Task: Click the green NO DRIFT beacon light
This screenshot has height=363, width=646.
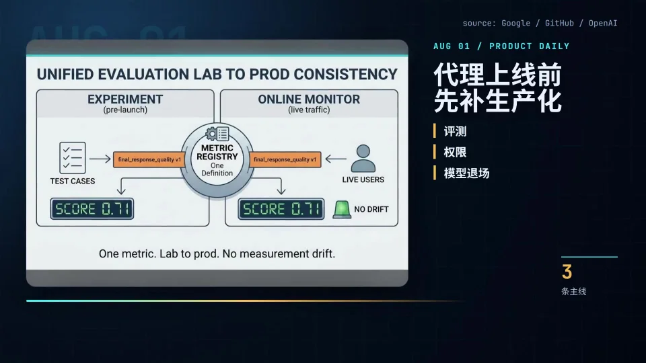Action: pyautogui.click(x=342, y=209)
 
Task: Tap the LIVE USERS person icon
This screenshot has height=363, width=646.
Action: pyautogui.click(x=363, y=158)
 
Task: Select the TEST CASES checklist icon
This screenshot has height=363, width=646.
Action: pyautogui.click(x=73, y=157)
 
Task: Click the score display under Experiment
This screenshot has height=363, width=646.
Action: pyautogui.click(x=92, y=208)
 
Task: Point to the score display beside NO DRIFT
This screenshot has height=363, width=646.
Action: pyautogui.click(x=281, y=208)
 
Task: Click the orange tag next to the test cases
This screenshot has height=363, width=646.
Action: pyautogui.click(x=149, y=159)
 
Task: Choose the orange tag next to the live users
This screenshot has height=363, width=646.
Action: pyautogui.click(x=285, y=159)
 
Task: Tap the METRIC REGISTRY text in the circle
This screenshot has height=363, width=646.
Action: pyautogui.click(x=217, y=153)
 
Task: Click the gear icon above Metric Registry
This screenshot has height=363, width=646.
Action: pyautogui.click(x=211, y=133)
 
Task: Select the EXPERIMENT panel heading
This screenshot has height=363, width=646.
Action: pyautogui.click(x=125, y=99)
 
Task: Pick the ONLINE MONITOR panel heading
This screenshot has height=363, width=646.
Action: pyautogui.click(x=309, y=99)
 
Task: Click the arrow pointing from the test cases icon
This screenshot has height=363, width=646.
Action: pyautogui.click(x=100, y=159)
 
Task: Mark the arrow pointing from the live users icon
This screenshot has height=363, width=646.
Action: pyautogui.click(x=336, y=159)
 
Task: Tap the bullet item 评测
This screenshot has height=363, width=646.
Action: pyautogui.click(x=456, y=131)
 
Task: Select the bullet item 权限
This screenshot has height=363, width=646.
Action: pyautogui.click(x=456, y=153)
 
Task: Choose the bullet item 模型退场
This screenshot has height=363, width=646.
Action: pyautogui.click(x=467, y=173)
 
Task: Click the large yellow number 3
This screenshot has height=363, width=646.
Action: pyautogui.click(x=567, y=272)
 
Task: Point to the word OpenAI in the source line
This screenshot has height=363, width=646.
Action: pyautogui.click(x=603, y=23)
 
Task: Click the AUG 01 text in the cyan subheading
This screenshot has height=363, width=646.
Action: pyautogui.click(x=452, y=46)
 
